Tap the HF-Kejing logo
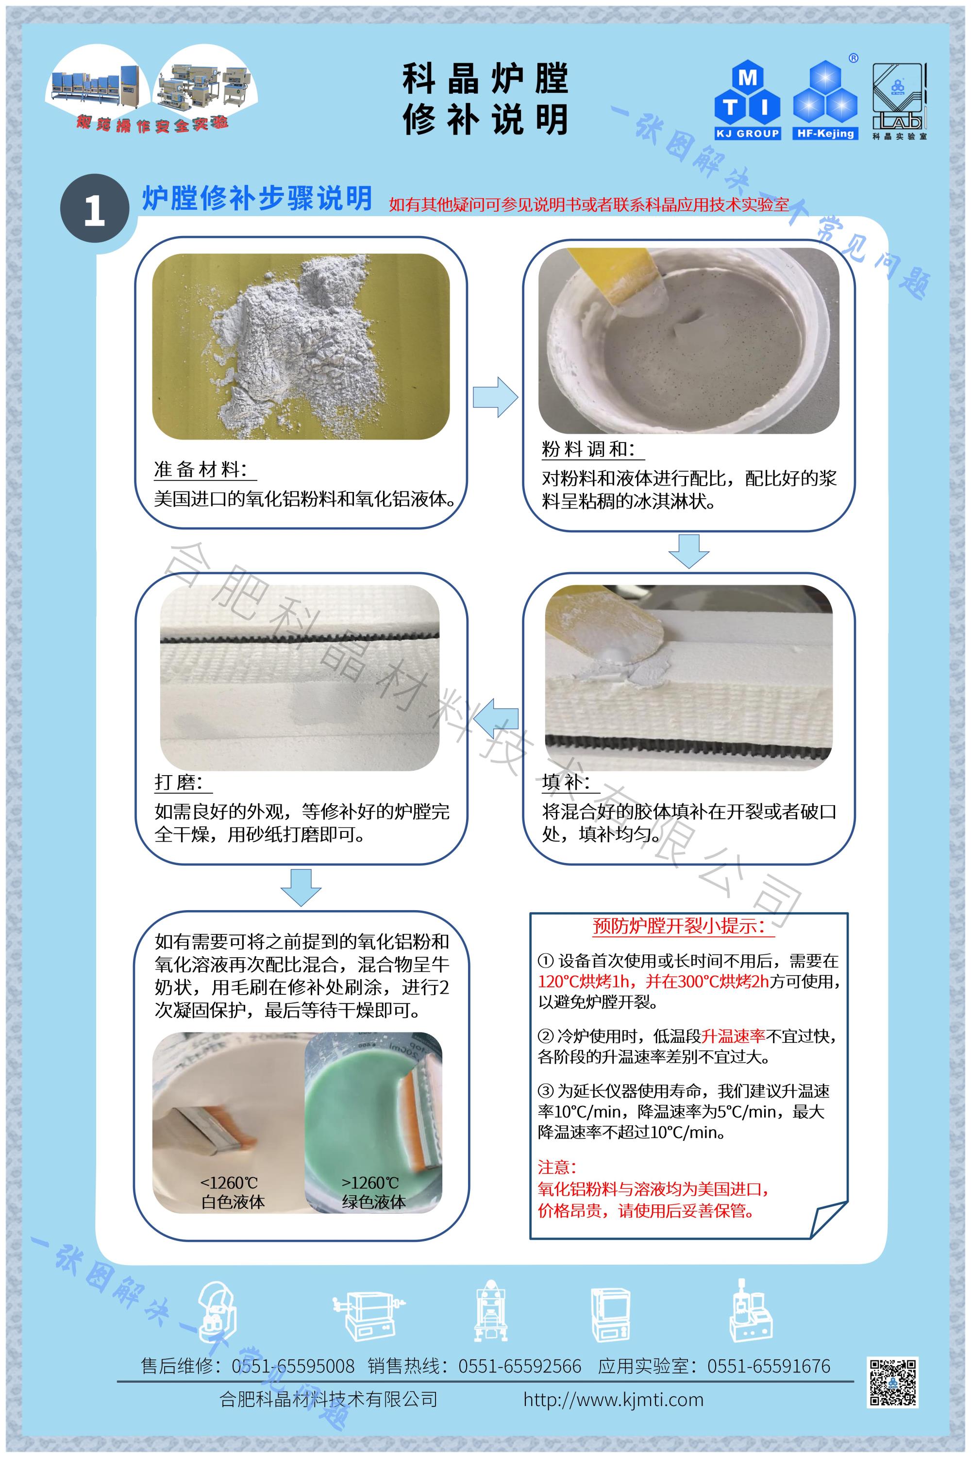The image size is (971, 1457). (x=825, y=99)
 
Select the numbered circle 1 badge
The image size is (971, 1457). (x=94, y=208)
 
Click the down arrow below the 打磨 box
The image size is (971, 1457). (x=301, y=888)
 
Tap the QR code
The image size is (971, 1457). (x=893, y=1383)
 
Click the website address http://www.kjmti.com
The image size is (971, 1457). (x=613, y=1399)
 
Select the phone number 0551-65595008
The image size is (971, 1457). (x=293, y=1366)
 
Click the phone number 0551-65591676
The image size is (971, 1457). (x=769, y=1366)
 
